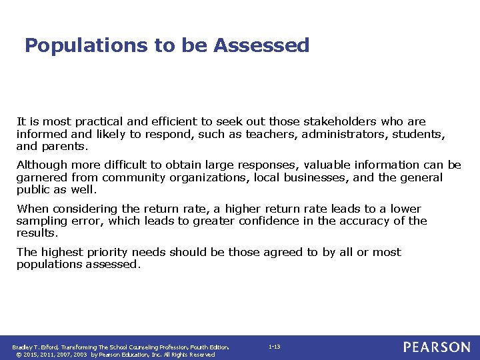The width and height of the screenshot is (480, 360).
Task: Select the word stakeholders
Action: tap(341, 122)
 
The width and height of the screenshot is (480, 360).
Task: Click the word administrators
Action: tap(339, 134)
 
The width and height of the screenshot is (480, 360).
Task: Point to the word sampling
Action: tap(41, 221)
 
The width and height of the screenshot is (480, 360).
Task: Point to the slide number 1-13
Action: tap(274, 347)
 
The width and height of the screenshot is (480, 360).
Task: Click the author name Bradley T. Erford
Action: tap(35, 347)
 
